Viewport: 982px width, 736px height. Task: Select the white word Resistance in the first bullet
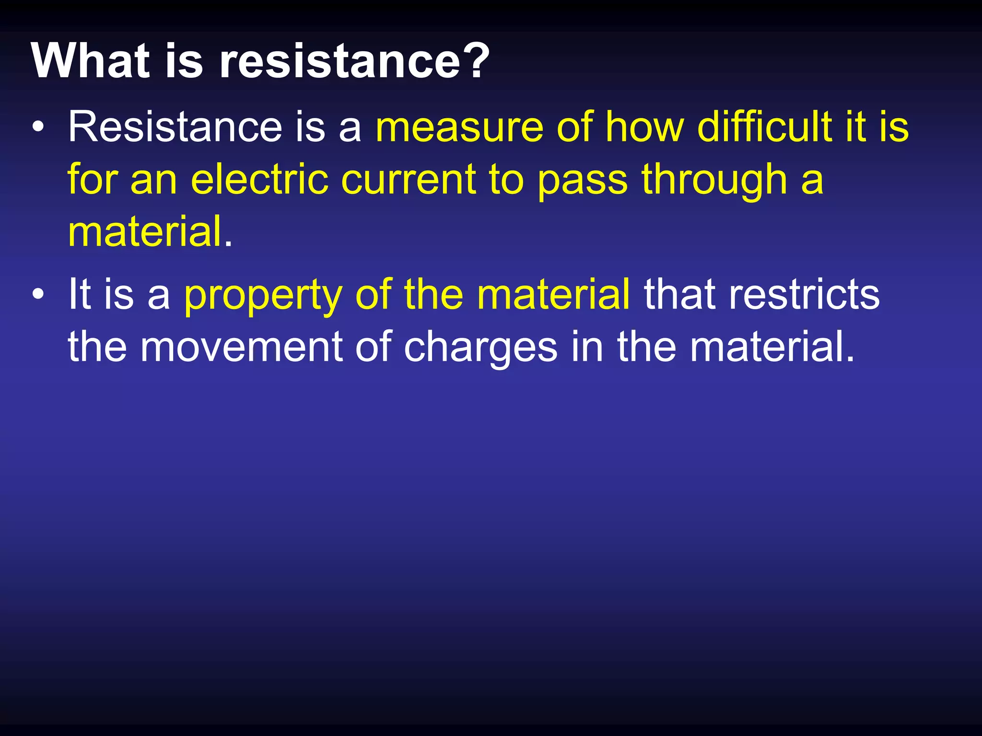[x=175, y=126]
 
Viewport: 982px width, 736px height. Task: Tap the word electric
[x=259, y=179]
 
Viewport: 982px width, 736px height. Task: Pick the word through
[x=714, y=180]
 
